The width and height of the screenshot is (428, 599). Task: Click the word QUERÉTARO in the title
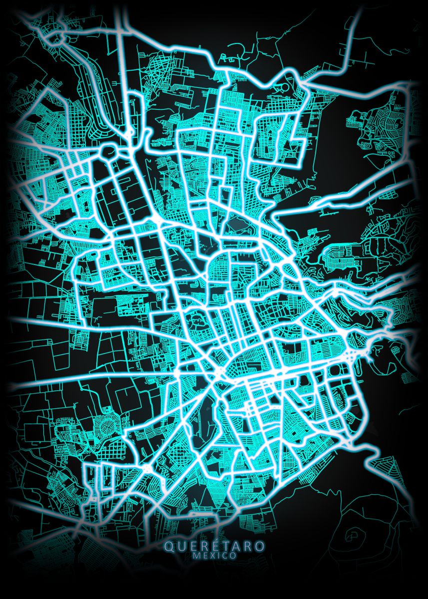coord(214,547)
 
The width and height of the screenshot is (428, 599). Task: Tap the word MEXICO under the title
coord(214,556)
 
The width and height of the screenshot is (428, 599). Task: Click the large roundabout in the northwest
coord(107,151)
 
